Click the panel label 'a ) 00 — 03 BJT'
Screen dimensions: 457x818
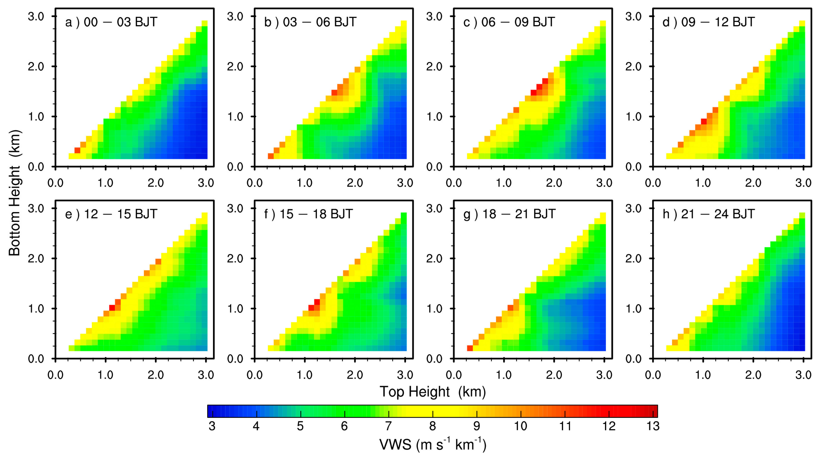click(x=111, y=22)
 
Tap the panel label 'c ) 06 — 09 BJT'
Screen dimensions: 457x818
click(x=509, y=22)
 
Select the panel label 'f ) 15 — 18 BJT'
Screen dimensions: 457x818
click(x=308, y=214)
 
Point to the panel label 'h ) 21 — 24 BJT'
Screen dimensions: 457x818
click(x=709, y=214)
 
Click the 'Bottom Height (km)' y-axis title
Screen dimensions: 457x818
click(x=15, y=193)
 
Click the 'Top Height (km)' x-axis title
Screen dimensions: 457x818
click(x=433, y=392)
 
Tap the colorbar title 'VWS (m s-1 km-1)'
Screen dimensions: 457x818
click(x=433, y=444)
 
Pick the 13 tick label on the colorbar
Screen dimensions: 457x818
click(x=653, y=426)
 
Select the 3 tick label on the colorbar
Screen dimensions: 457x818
click(x=212, y=426)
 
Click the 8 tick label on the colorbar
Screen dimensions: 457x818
click(x=433, y=426)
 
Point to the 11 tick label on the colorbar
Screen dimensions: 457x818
click(x=565, y=426)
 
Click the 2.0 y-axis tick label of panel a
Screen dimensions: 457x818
click(x=36, y=67)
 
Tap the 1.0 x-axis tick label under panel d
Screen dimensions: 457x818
click(x=703, y=183)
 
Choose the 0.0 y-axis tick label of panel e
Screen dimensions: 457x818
click(x=36, y=359)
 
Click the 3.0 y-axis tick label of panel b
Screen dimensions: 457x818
click(x=235, y=16)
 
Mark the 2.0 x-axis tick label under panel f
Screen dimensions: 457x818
click(x=355, y=375)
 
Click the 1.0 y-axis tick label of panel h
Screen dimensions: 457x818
click(x=633, y=309)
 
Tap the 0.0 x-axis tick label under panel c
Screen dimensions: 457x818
click(x=454, y=183)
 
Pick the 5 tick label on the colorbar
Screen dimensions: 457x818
click(x=300, y=426)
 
